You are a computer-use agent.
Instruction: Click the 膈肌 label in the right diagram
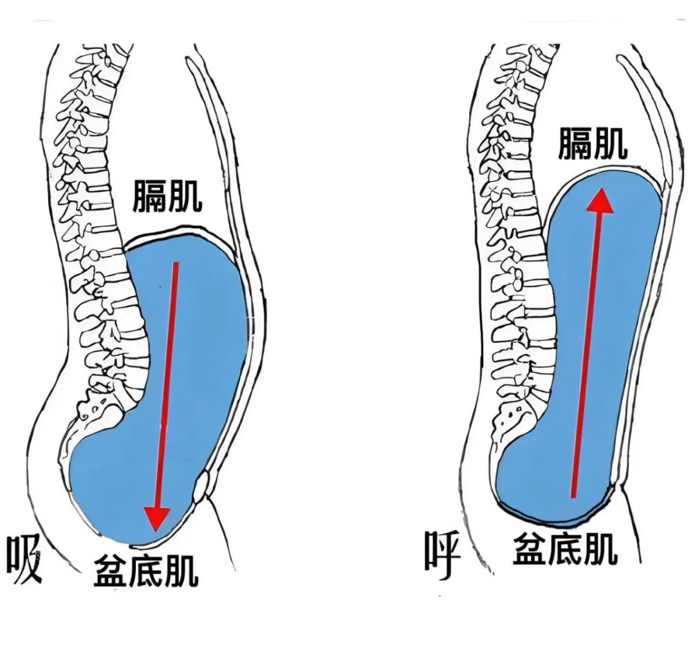click(592, 143)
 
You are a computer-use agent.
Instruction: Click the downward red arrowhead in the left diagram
click(156, 517)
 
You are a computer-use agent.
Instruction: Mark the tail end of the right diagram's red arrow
click(573, 496)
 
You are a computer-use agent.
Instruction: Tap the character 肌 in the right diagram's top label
click(610, 143)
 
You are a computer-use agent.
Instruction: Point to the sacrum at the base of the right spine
click(515, 412)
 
